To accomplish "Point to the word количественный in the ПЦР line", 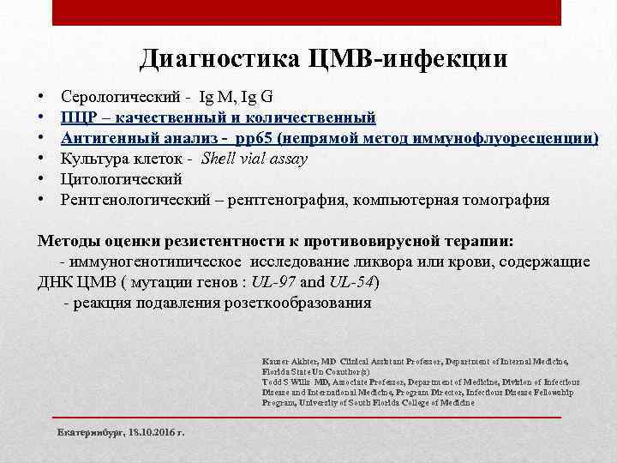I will point(314,117).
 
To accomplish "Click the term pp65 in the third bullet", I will point(237,137).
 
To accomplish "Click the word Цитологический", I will point(121,179).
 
